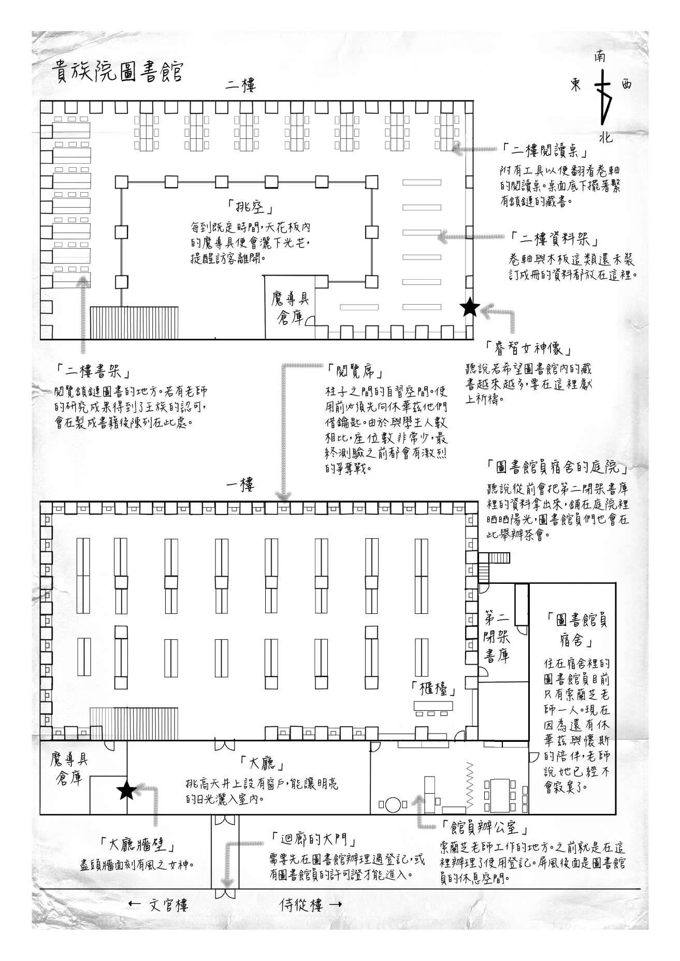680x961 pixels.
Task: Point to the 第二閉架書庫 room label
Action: tap(497, 637)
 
